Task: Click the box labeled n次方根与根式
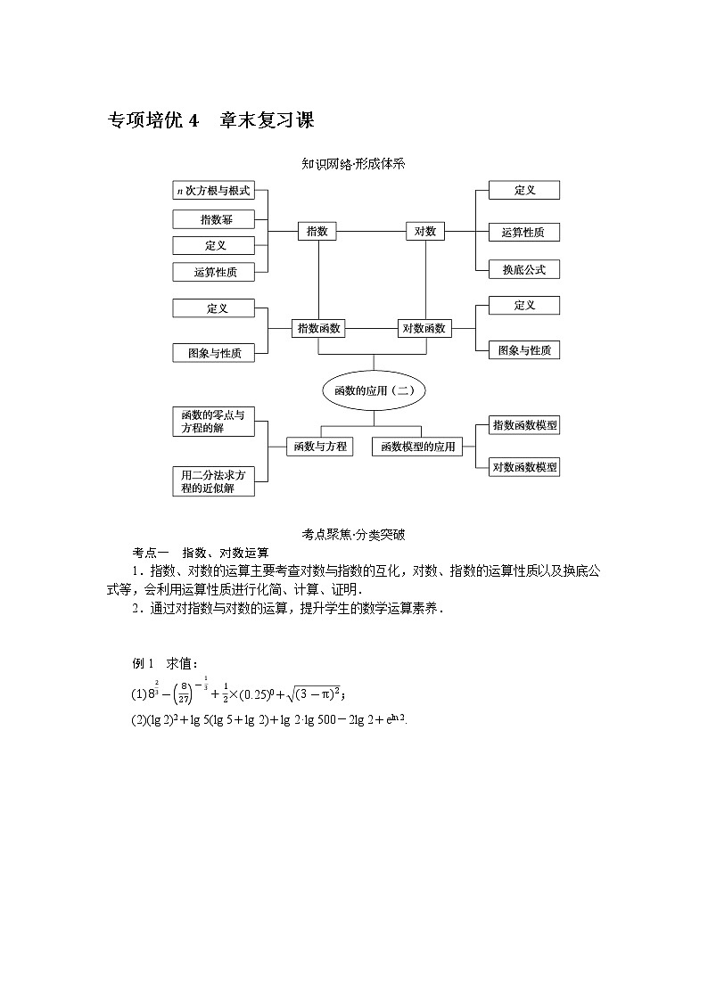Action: click(x=213, y=191)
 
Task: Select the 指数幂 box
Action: click(x=213, y=219)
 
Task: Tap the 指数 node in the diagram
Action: click(x=317, y=232)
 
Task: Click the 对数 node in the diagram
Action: click(x=424, y=232)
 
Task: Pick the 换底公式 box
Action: click(x=523, y=269)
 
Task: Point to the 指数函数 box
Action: click(x=318, y=328)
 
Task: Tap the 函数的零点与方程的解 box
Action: click(x=213, y=422)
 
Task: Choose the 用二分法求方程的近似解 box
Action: click(x=213, y=481)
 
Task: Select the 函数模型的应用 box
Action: click(x=417, y=447)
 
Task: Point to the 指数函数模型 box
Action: click(x=524, y=425)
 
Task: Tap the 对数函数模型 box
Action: click(x=524, y=466)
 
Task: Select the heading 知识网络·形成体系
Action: click(x=354, y=164)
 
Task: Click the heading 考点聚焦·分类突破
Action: click(x=354, y=535)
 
